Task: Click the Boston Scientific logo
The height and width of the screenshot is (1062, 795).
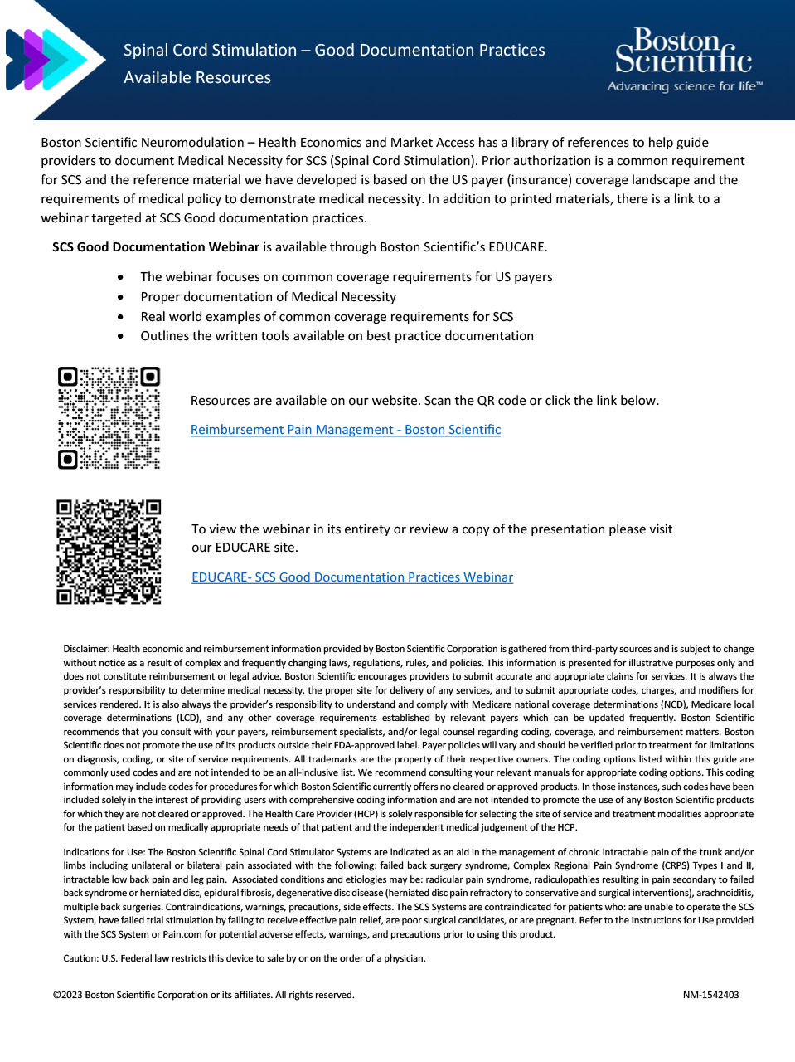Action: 683,51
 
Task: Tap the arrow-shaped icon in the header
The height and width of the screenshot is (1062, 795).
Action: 46,60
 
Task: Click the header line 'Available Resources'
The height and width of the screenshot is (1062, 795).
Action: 197,77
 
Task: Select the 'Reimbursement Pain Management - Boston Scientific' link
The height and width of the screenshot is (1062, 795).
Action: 346,430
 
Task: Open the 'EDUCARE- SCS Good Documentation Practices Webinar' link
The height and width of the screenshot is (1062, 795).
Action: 352,577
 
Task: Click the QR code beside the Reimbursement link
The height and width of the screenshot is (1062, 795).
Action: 109,418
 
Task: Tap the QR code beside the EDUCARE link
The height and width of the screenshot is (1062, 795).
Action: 109,552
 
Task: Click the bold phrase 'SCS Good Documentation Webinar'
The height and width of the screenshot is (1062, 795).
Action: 156,247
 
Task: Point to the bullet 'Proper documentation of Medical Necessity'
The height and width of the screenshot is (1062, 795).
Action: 268,297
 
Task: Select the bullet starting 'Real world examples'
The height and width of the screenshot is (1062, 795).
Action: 327,317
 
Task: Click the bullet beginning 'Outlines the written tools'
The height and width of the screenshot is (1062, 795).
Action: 337,336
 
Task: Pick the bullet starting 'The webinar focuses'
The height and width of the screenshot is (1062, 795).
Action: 346,277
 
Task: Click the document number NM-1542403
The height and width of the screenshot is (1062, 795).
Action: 710,995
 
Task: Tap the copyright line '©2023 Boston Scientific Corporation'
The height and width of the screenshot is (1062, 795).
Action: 203,995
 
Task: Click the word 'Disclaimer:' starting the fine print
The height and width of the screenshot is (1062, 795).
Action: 86,649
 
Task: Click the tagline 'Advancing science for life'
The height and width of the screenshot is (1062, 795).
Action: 684,87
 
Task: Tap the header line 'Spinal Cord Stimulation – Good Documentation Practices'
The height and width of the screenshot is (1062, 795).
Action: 334,50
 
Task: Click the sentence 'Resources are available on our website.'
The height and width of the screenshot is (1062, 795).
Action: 305,401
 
